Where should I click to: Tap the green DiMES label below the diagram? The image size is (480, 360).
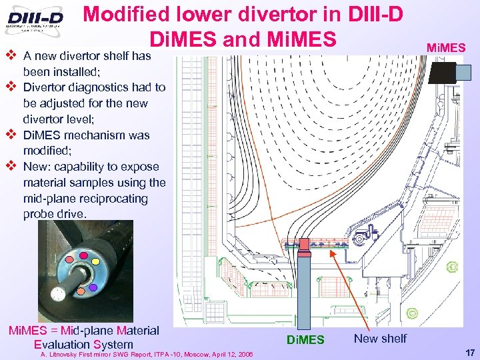pyautogui.click(x=305, y=340)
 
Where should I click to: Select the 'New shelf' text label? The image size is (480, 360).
pyautogui.click(x=380, y=338)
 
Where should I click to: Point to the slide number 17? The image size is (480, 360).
pyautogui.click(x=469, y=351)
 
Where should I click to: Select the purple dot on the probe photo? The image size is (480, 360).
pyautogui.click(x=93, y=287)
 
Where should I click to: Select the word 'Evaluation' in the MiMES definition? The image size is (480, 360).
pyautogui.click(x=63, y=345)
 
